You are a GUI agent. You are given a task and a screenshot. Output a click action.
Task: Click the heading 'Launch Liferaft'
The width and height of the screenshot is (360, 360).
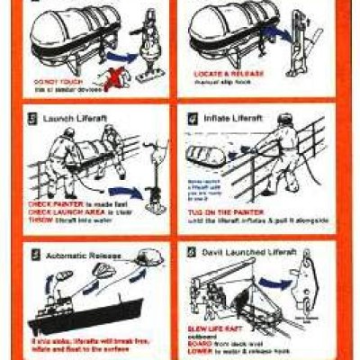coord(73,117)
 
